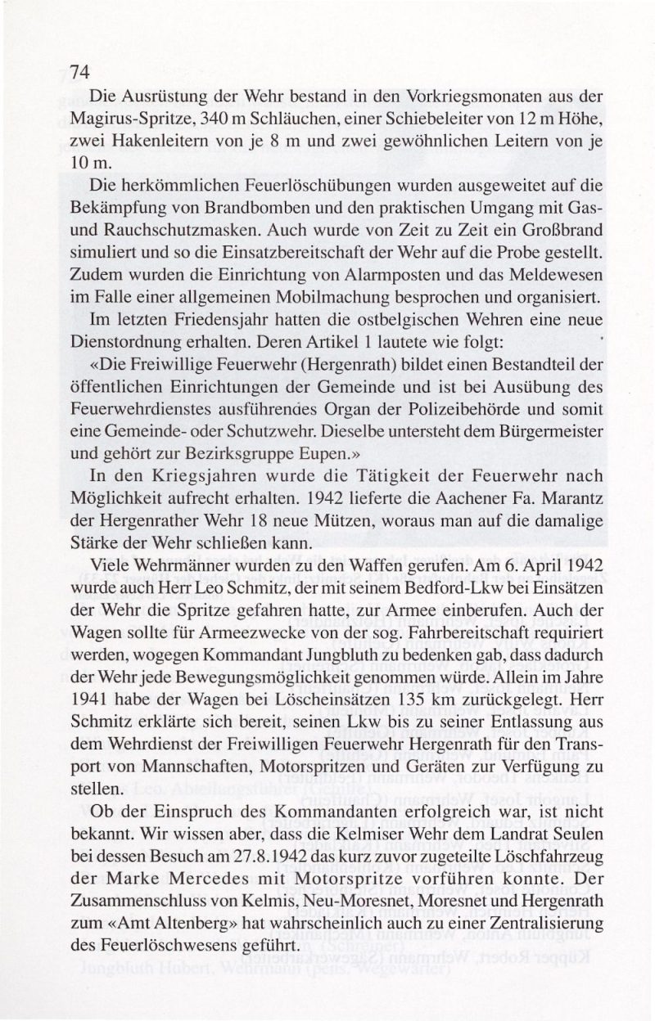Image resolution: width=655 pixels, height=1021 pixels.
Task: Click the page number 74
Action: [x=79, y=71]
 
